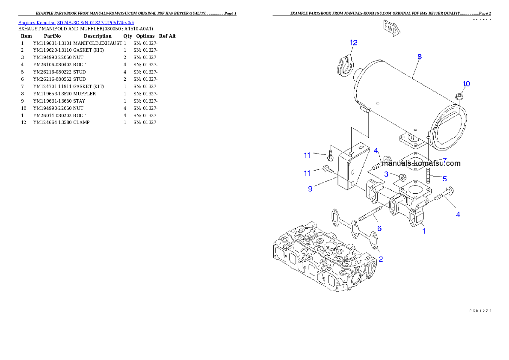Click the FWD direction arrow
(391, 28)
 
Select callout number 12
(353, 43)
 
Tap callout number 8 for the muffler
(419, 56)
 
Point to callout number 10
(466, 84)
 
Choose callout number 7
(444, 160)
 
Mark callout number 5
(444, 178)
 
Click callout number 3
(386, 174)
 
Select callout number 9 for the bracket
(310, 188)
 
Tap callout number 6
(379, 229)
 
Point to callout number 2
(380, 259)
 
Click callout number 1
(424, 231)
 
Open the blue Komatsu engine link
(76, 23)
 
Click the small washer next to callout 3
(402, 177)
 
